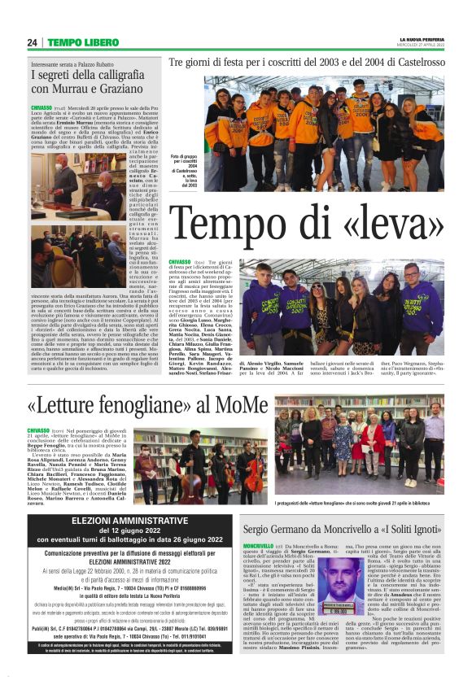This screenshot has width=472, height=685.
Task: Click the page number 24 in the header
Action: [33, 42]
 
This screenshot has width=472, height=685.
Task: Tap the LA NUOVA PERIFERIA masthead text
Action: [421, 39]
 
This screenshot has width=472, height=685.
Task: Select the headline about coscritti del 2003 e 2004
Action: [307, 62]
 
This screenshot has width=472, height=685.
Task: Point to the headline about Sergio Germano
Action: [343, 529]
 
